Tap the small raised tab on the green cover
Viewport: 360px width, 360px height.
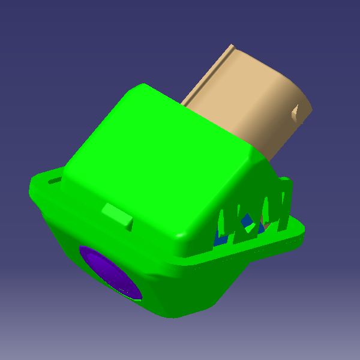118,215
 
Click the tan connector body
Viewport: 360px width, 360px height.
252,102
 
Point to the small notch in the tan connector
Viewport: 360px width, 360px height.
295,110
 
